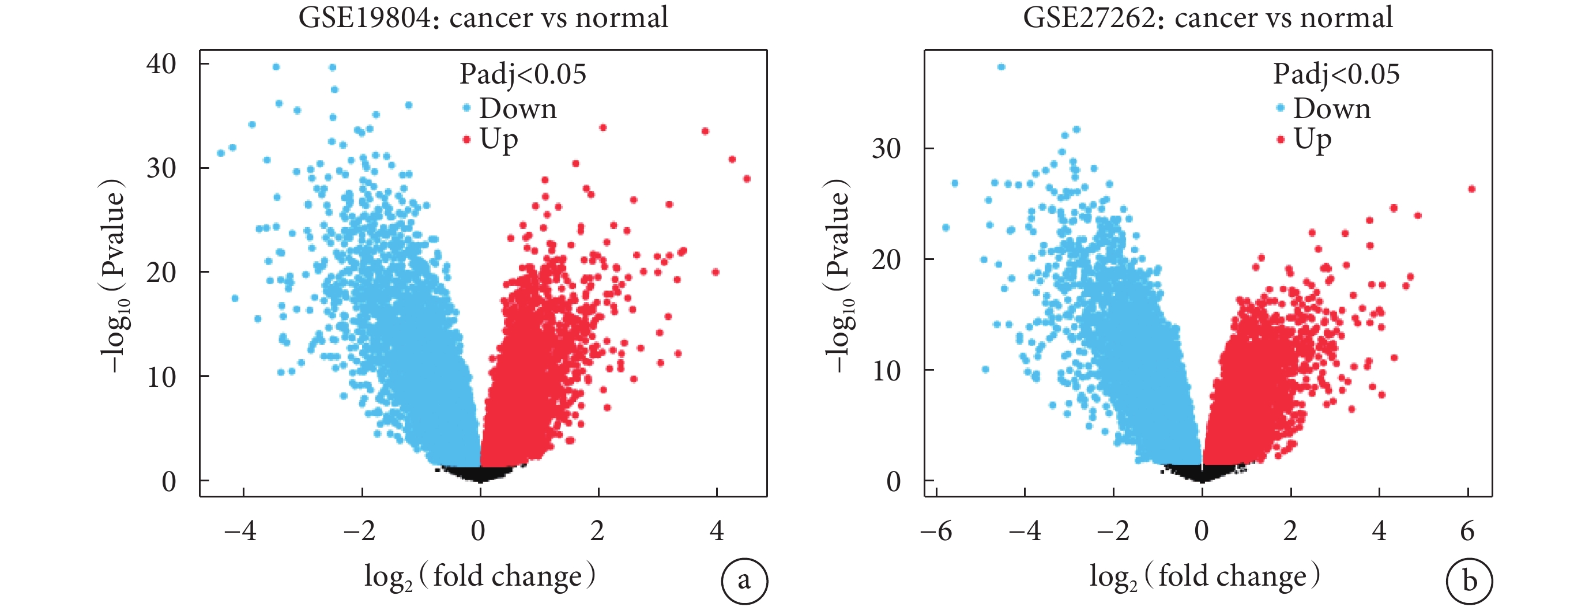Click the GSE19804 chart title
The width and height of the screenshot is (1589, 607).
[x=483, y=17]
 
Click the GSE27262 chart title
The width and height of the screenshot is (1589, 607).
[x=1207, y=17]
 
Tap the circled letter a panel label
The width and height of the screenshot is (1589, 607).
[x=744, y=580]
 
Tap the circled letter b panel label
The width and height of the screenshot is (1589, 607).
[x=1469, y=580]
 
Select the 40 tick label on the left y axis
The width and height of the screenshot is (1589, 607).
[x=161, y=64]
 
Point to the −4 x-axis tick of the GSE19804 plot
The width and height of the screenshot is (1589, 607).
[x=240, y=530]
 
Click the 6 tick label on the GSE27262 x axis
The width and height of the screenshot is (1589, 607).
[x=1467, y=530]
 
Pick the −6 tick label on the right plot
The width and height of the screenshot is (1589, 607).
[x=936, y=530]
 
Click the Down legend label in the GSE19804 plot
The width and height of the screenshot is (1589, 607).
[x=518, y=108]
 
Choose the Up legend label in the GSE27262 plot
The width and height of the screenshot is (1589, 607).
[x=1313, y=140]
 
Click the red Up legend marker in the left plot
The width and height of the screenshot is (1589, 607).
[x=466, y=140]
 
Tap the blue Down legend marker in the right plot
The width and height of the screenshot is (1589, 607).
[x=1281, y=108]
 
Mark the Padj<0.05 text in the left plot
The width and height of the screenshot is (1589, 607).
[x=522, y=74]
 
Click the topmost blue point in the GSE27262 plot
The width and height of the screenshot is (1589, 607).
[x=1001, y=67]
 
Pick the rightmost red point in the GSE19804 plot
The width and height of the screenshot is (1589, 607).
[x=747, y=179]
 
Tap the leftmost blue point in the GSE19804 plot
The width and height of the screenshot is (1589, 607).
[x=221, y=153]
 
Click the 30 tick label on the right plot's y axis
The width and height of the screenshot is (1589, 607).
[x=886, y=149]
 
